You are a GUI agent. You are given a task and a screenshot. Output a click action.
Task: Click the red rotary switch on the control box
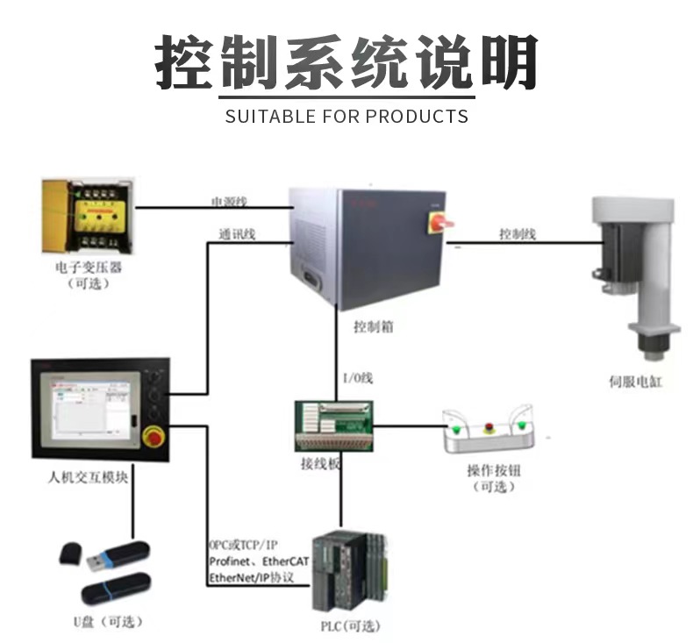coord(438,221)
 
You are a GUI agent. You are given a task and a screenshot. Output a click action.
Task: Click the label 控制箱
coord(373,326)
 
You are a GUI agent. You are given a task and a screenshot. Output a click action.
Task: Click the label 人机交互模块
coord(89,478)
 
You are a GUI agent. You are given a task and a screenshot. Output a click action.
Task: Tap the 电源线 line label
coord(229,202)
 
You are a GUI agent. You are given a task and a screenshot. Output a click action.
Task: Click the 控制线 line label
coord(518,234)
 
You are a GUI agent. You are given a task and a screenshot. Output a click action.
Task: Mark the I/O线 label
coord(357,378)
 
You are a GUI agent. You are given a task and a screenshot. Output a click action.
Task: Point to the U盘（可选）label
coord(107,621)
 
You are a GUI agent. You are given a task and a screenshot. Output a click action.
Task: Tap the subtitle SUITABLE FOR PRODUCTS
coord(346,116)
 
